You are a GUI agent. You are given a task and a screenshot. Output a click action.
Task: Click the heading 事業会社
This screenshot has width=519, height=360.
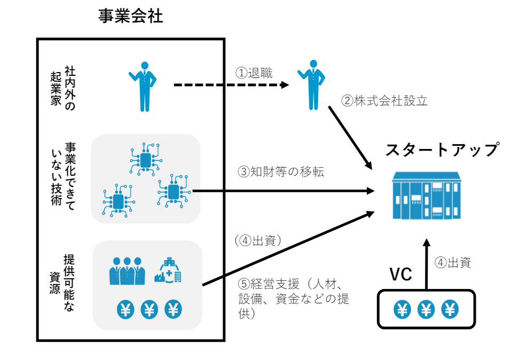[130, 17]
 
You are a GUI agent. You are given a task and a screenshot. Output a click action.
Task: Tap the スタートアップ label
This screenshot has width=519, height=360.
[442, 149]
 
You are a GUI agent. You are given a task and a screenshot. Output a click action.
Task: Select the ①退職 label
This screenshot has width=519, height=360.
[254, 73]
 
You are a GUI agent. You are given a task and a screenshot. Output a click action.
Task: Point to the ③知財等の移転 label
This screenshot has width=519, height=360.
[281, 171]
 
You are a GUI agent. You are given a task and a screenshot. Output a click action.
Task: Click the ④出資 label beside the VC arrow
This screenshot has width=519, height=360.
[453, 262]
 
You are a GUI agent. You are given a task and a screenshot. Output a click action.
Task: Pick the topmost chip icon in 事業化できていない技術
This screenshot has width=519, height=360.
[145, 159]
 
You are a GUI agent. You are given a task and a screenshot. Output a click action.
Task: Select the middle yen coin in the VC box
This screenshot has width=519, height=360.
[426, 309]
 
